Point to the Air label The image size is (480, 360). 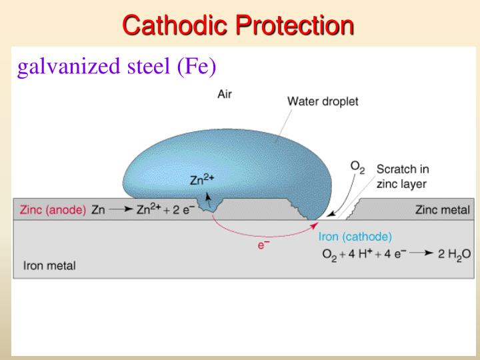point(225,94)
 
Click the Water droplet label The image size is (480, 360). point(323,102)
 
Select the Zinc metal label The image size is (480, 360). point(442,209)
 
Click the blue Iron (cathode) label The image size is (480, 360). point(355,236)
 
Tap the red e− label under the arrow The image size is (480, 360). point(263,245)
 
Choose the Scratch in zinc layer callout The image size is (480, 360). point(402,176)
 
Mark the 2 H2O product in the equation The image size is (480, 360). point(453,253)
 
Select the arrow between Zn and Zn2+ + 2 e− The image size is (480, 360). point(120,209)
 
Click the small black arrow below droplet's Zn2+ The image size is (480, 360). point(209,196)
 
